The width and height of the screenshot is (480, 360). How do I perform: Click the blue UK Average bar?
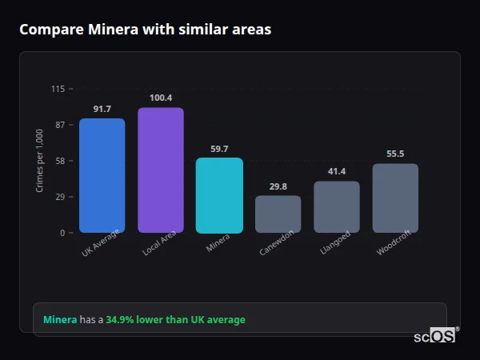coord(102,175)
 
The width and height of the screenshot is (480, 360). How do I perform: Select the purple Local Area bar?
coord(161,170)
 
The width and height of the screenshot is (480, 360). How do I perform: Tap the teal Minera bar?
coord(219,195)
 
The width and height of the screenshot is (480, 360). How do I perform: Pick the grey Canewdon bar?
coord(278,214)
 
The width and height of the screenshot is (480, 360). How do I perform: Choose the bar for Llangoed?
coord(337,206)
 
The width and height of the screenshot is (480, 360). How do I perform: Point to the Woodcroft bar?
coord(395,198)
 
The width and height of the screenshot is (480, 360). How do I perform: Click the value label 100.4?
coord(161,98)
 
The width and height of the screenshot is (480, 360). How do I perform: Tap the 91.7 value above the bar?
coord(102,109)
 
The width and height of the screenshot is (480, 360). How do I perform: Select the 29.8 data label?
coord(278,186)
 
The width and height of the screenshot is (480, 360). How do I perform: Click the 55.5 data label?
coord(395,154)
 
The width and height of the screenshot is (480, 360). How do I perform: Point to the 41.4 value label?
coord(337,171)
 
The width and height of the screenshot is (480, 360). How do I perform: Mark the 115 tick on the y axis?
coord(58,89)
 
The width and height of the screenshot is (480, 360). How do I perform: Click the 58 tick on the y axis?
coord(59,161)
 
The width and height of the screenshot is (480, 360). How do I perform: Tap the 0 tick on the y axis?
coord(62,233)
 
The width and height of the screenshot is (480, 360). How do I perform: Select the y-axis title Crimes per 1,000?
coord(40,161)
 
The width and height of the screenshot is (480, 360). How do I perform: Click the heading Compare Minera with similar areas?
coord(145,30)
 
